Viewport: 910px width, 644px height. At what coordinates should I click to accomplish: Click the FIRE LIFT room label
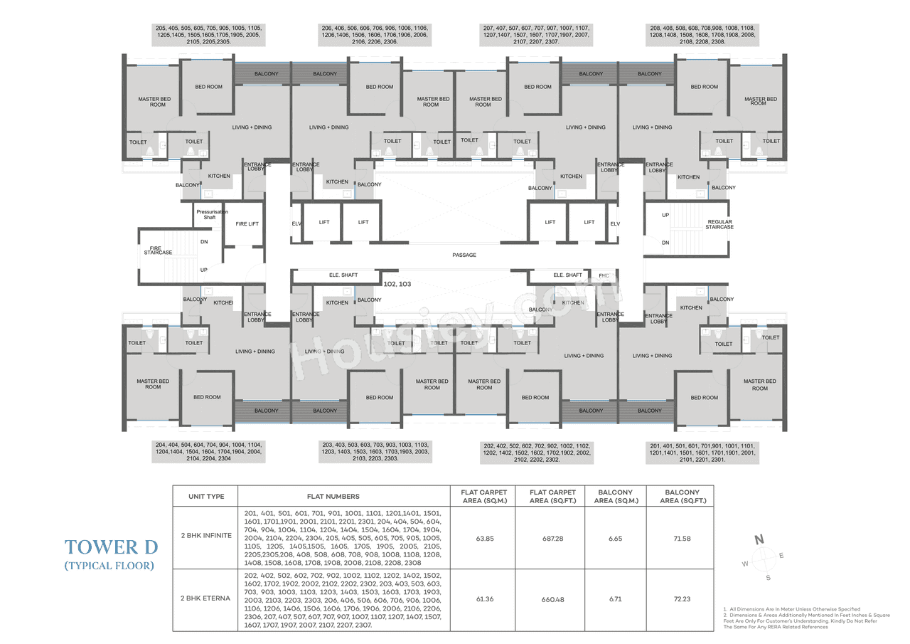click(247, 224)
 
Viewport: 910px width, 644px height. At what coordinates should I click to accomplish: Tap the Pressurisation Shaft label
click(209, 214)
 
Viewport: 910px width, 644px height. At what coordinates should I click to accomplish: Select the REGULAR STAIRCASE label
click(719, 225)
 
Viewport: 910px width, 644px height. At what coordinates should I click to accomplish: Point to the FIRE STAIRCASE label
click(158, 250)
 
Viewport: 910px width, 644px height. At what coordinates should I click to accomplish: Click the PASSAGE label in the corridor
click(464, 255)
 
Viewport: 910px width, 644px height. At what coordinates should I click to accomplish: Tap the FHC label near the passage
click(604, 275)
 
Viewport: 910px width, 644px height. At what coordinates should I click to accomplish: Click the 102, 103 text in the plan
click(397, 284)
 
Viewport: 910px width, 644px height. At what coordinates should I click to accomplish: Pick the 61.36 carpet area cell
click(485, 599)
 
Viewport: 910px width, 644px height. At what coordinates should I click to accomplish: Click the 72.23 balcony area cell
click(681, 599)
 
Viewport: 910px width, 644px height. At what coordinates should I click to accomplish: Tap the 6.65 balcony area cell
click(615, 539)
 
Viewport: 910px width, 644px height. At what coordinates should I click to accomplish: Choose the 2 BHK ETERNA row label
click(206, 598)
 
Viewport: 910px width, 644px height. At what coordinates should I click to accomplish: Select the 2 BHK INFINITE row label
click(206, 535)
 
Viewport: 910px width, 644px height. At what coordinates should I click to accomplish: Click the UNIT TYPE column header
click(206, 496)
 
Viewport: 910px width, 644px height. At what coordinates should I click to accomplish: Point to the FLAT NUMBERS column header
click(333, 496)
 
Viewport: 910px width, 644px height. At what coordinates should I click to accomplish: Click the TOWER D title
click(111, 547)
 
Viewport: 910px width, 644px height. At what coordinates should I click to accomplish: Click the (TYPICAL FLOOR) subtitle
click(109, 566)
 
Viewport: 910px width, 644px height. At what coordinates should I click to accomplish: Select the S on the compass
click(767, 577)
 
